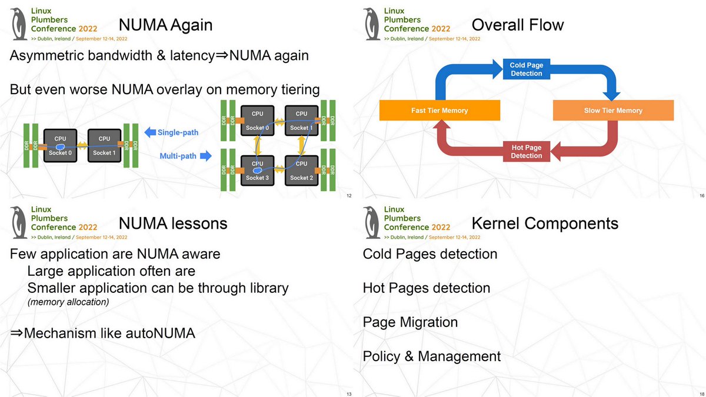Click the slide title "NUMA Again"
point(165,25)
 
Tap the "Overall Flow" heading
point(517,25)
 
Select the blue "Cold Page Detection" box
point(526,69)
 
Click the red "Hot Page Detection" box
point(526,152)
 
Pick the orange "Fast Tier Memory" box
point(439,111)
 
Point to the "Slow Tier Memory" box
point(613,111)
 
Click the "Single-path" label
point(178,132)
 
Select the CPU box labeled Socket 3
point(257,171)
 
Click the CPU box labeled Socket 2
point(301,171)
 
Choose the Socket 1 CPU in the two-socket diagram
point(104,145)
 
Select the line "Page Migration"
point(410,322)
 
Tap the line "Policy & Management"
point(431,356)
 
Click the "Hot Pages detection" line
point(426,288)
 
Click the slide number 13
point(349,393)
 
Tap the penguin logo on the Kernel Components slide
point(371,222)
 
